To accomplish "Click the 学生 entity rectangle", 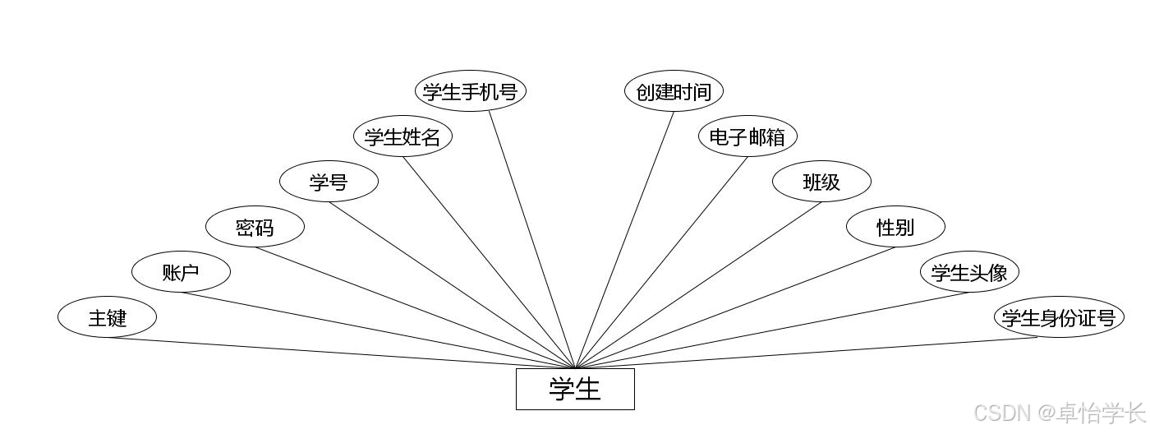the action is (575, 389).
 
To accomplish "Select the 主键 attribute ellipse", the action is (107, 317).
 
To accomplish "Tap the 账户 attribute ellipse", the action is (181, 272).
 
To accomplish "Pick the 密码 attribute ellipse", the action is (255, 227).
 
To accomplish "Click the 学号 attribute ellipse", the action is (329, 182).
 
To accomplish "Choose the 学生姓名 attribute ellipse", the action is (402, 136).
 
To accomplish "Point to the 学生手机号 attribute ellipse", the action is (470, 91).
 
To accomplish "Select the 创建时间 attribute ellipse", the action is (674, 91).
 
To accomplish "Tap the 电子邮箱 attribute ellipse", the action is (747, 136).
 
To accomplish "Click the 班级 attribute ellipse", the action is (821, 182).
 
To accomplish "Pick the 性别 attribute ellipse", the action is (895, 227).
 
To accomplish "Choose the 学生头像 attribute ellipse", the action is (969, 272).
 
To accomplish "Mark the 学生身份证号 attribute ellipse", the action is (1059, 317).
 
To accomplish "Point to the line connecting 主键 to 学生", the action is (341, 353).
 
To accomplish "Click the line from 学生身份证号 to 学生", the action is (806, 353).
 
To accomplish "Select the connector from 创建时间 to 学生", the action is (624, 240).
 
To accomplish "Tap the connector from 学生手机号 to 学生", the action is (532, 240).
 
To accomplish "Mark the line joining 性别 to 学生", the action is (735, 307).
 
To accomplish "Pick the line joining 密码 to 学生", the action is (415, 307).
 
